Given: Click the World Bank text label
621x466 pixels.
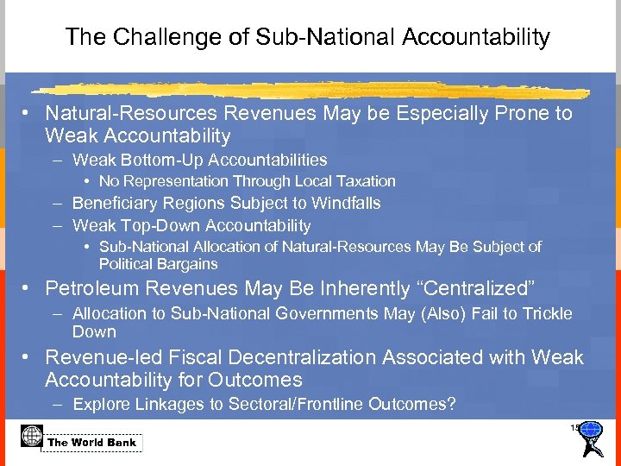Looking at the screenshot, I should click(x=92, y=443).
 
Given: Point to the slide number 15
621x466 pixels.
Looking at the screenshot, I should click(x=574, y=428).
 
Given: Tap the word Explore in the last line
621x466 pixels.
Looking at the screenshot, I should click(x=100, y=404).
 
